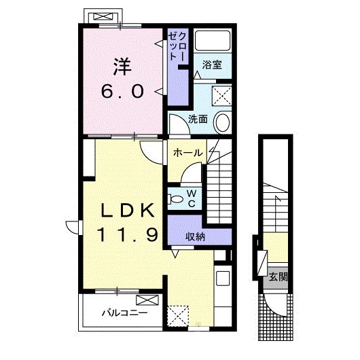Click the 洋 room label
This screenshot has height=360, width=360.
point(122,67)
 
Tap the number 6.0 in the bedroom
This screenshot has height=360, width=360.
point(122,92)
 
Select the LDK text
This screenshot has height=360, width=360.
point(128,210)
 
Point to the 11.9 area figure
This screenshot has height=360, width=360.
point(128,234)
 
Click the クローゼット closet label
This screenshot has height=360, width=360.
point(178,47)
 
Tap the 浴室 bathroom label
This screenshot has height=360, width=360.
point(212,65)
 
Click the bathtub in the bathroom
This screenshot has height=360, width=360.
point(213,41)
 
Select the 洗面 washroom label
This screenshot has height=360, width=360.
point(198,119)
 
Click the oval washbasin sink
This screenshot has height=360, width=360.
point(222,122)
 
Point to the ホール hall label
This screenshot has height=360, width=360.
point(188,153)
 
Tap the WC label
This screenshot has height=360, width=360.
point(192,199)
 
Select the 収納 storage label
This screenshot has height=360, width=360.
point(195,236)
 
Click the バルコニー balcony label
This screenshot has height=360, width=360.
point(125,312)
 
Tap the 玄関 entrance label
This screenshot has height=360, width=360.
point(278,277)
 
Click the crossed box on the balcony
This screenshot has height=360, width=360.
point(147,300)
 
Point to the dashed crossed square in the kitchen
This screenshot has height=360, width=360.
point(178,315)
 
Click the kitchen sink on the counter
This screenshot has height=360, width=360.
point(223,278)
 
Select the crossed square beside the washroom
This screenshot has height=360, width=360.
point(222,95)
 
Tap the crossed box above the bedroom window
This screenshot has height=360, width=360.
point(103,16)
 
